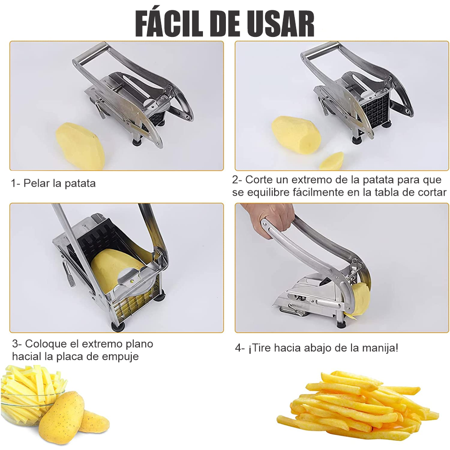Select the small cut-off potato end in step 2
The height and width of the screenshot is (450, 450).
(x=332, y=161)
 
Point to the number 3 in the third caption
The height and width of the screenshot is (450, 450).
(x=15, y=343)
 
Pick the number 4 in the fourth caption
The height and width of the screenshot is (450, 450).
(x=238, y=348)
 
